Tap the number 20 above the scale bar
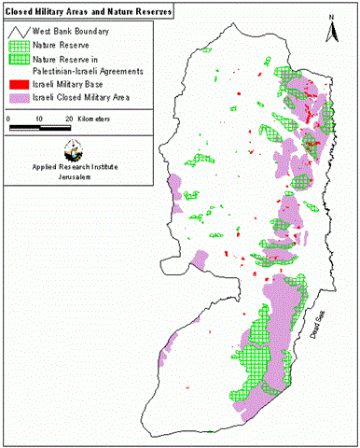click(x=69, y=119)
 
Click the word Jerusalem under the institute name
click(x=72, y=180)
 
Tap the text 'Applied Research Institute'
click(x=72, y=170)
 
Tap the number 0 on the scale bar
click(x=9, y=119)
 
